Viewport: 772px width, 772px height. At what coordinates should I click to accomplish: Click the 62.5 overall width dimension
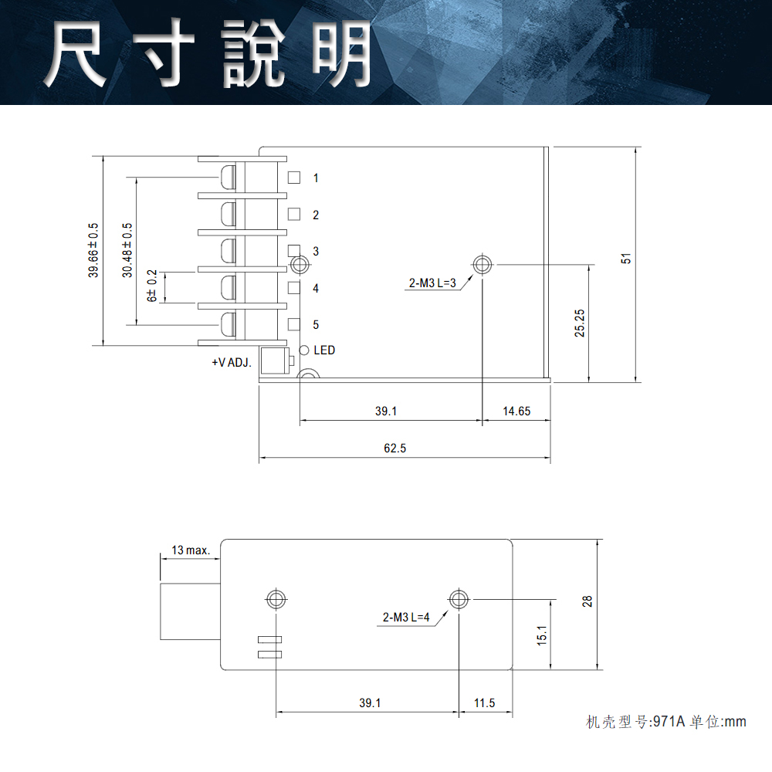click(394, 449)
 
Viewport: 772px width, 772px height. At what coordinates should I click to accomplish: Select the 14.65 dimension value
click(516, 411)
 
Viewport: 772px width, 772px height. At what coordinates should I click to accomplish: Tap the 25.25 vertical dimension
click(580, 323)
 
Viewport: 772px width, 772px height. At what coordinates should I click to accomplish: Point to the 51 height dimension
click(626, 259)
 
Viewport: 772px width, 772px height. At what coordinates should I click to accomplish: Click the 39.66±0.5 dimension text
click(93, 250)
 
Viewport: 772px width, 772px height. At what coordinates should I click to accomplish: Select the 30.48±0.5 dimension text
click(127, 250)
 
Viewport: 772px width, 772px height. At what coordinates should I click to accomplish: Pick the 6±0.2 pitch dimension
click(152, 286)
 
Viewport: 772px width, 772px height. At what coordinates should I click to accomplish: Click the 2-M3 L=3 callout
click(433, 283)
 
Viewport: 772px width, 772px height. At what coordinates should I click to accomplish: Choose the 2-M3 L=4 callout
click(405, 618)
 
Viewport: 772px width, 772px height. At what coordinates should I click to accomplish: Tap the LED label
click(324, 350)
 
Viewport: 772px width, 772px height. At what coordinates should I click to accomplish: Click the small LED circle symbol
click(304, 350)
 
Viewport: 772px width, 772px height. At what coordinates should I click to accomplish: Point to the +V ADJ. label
click(232, 362)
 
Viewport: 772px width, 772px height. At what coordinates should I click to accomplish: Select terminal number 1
click(316, 178)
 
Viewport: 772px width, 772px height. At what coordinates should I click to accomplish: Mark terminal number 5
click(316, 325)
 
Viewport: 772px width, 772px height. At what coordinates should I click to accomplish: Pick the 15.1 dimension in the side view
click(542, 635)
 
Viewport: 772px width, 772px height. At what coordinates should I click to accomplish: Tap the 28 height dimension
click(587, 601)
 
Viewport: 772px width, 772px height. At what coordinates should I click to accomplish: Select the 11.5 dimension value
click(484, 703)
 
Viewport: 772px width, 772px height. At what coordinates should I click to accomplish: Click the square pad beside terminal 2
click(293, 215)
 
